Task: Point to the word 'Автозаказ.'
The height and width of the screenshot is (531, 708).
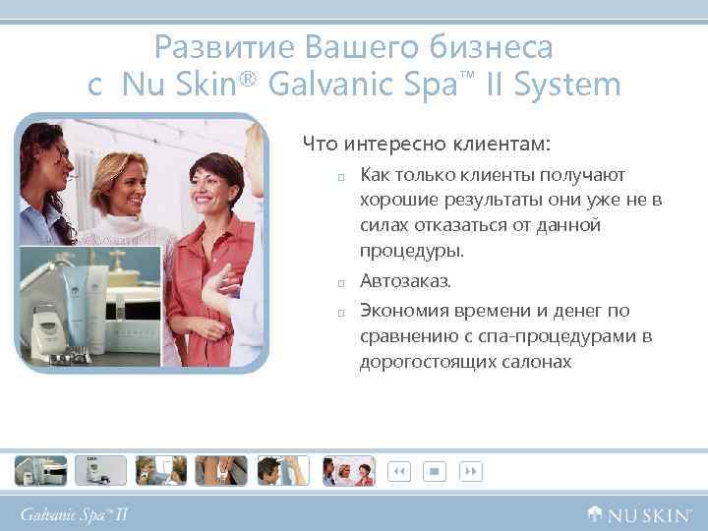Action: [405, 281]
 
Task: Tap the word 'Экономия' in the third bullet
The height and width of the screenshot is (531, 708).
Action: [404, 311]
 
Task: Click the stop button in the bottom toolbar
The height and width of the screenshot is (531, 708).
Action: [434, 471]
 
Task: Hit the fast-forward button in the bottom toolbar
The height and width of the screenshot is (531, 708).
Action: [471, 471]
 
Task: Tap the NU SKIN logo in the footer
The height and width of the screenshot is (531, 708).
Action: [640, 513]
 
